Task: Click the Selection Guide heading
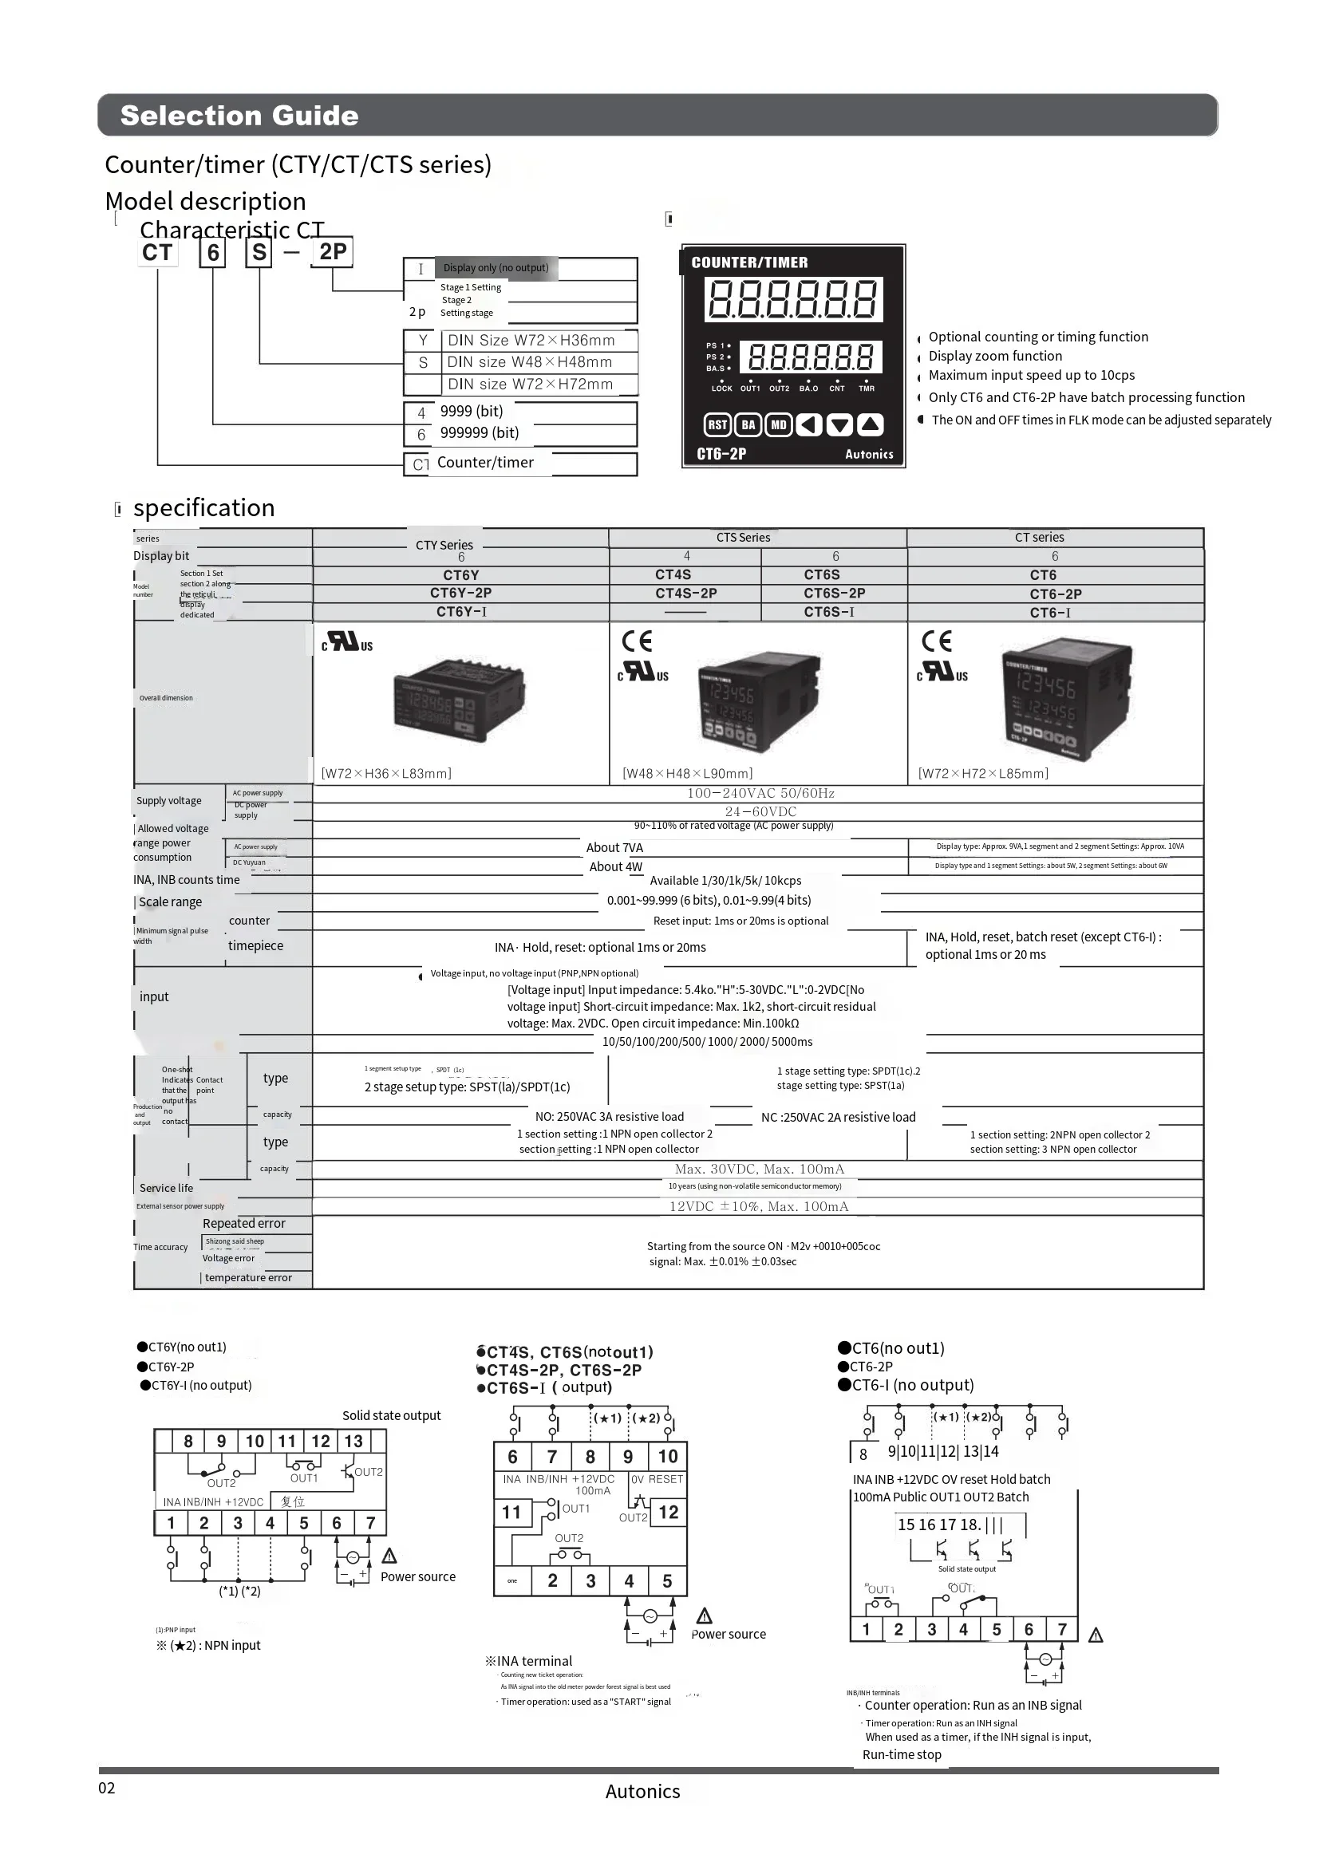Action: coord(239,116)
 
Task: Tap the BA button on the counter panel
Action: coord(748,424)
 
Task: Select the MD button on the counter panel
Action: coord(779,424)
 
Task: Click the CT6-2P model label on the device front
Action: coord(721,454)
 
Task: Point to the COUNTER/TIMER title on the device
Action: coord(749,262)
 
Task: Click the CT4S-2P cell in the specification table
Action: coord(686,594)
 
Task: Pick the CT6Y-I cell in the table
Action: coord(460,612)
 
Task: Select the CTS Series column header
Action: coord(743,537)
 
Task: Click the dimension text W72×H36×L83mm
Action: coord(386,773)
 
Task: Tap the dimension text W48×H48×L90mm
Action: coord(688,773)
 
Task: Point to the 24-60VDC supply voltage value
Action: coord(760,811)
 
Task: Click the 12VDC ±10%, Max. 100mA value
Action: coord(758,1207)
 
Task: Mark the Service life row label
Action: coord(167,1187)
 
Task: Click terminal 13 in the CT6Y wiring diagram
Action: coord(353,1441)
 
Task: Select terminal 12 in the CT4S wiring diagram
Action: coord(668,1512)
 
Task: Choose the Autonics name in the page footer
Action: coord(642,1791)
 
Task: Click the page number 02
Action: coord(106,1788)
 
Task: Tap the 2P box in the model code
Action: coord(333,252)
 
